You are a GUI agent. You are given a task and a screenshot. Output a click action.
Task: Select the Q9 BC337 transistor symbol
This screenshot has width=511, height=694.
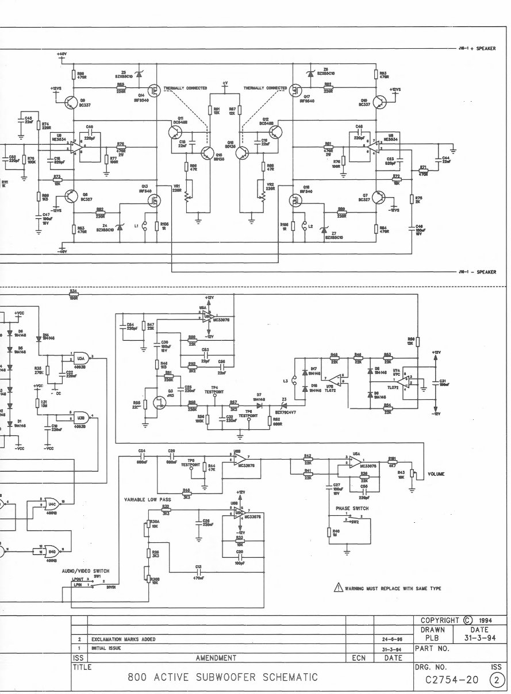72,102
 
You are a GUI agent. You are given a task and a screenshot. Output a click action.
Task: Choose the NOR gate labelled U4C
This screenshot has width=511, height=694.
52,503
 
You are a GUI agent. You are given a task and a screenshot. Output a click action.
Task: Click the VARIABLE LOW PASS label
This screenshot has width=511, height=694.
146,500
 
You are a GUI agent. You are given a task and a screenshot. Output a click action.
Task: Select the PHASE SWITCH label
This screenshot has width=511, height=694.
352,508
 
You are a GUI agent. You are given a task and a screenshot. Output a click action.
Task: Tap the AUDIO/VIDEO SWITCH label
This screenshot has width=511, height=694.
85,571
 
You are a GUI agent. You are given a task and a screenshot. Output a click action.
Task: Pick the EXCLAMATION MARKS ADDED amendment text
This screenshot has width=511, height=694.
123,638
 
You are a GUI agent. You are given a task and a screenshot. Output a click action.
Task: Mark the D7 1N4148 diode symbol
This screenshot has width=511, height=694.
259,405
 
